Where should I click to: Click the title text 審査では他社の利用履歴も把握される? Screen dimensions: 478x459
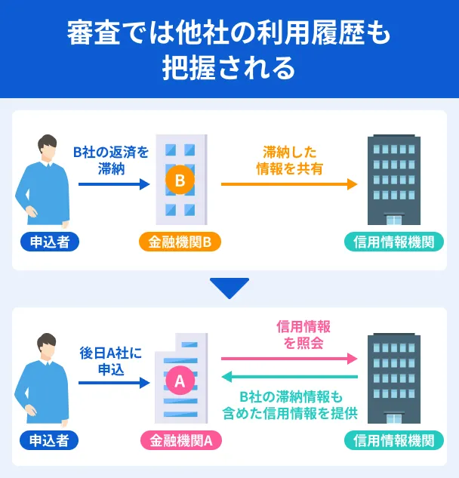229,50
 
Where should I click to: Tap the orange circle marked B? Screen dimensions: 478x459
180,180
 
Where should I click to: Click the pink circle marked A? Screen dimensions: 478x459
180,381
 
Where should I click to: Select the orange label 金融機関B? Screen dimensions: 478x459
180,242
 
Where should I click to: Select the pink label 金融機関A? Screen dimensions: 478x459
180,440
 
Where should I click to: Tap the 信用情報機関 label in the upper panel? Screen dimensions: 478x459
393,242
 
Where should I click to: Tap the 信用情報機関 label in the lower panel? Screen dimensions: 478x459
393,440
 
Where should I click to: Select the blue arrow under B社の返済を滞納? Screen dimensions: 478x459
114,183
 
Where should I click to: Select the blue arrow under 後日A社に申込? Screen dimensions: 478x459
114,384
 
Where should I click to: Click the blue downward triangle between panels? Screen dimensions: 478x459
229,288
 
